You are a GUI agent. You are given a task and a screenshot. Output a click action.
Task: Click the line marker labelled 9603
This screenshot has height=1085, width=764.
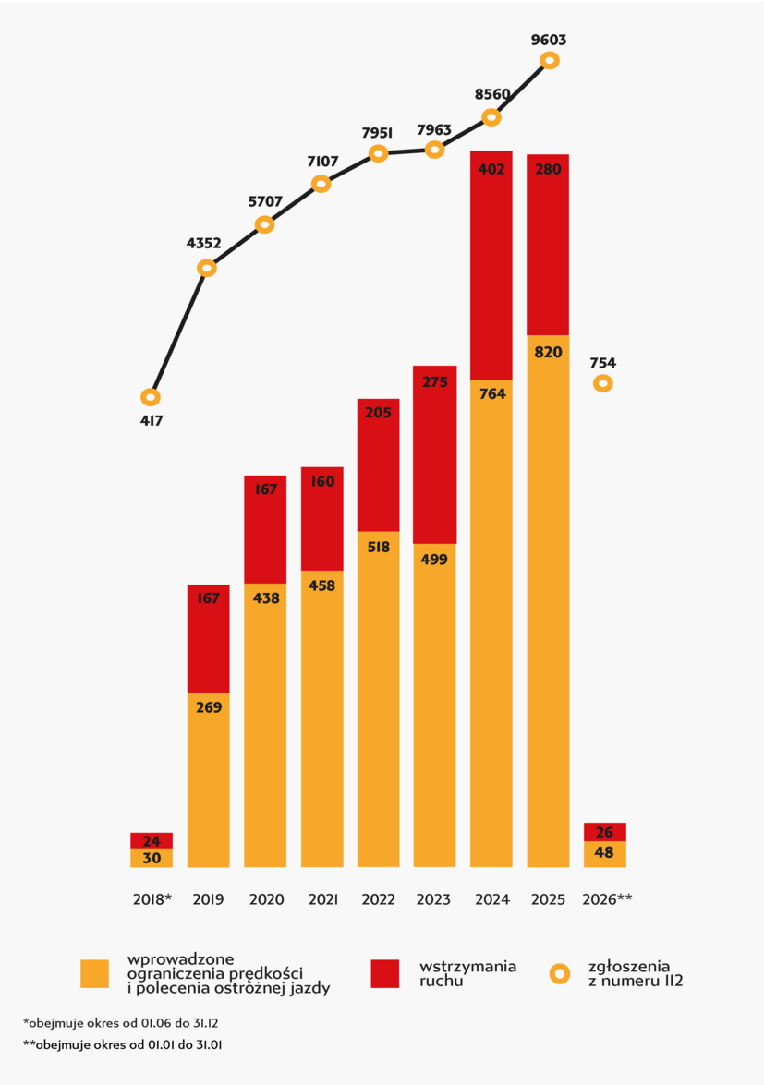tap(549, 60)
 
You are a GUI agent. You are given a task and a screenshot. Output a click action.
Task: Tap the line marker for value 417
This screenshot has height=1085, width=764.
tap(151, 397)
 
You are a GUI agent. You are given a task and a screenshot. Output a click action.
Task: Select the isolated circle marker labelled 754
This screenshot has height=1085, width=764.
tap(603, 382)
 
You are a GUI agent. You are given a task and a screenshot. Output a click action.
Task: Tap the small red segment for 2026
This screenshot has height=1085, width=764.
tap(605, 832)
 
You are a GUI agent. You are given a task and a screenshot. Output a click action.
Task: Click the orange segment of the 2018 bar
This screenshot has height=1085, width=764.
tap(152, 858)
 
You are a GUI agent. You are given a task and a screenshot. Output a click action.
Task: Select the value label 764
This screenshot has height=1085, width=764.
tap(491, 394)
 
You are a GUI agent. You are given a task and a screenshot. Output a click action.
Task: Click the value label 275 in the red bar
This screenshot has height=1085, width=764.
tap(434, 382)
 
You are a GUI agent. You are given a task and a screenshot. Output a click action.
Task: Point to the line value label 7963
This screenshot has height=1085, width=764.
tap(434, 130)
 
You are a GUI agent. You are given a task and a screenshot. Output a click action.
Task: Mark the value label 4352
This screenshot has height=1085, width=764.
tap(204, 244)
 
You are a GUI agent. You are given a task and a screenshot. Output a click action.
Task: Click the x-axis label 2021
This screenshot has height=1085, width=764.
tap(322, 899)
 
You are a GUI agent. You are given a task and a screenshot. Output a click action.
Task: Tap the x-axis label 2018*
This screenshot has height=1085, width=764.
tap(152, 899)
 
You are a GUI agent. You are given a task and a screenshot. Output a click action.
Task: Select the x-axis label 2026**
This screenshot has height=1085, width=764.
tap(607, 899)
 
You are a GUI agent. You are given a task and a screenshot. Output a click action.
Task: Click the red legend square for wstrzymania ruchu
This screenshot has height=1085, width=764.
tap(384, 973)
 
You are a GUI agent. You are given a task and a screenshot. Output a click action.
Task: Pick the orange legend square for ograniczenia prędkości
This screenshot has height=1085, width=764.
tap(94, 973)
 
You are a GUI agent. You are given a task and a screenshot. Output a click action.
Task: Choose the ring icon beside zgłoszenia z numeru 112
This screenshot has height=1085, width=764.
tap(560, 973)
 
